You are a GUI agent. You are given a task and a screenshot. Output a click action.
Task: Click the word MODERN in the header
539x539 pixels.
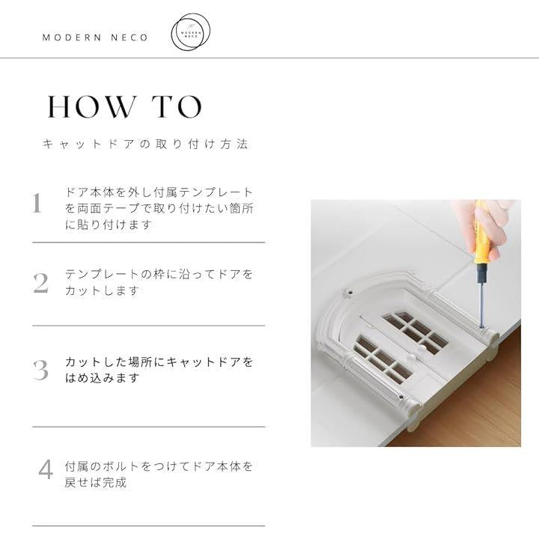pos(72,37)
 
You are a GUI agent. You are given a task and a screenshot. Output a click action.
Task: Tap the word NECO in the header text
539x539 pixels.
pos(130,37)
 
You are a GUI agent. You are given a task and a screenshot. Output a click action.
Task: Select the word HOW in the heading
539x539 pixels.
pos(91,106)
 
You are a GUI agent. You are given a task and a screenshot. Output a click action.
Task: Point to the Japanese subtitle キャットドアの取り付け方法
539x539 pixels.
pos(145,144)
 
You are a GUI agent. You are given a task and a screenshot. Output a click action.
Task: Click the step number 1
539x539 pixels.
pos(37,203)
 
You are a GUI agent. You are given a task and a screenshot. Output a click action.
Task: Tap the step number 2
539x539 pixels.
pos(41,283)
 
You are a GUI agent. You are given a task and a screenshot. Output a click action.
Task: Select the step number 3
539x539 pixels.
pos(40,370)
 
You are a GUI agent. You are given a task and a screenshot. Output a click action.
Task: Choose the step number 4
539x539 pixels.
pos(46,469)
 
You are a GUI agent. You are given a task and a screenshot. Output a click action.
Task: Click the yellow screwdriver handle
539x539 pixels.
pos(481,234)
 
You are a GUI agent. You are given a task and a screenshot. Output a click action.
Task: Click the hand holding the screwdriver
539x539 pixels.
pos(484,227)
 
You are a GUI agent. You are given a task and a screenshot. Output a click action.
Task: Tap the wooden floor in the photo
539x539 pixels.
pos(478,406)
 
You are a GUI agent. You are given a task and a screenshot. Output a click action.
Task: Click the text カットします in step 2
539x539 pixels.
pos(102,290)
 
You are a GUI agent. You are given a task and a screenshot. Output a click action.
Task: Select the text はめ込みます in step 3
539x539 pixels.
pos(102,378)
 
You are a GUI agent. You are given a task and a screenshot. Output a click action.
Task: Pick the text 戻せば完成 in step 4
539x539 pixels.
pos(96,483)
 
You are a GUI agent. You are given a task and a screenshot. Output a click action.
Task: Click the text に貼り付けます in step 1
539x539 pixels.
pos(109,225)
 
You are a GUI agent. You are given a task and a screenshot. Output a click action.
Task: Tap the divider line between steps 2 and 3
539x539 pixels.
pos(149,325)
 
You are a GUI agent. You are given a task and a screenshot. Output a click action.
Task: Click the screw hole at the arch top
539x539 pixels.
pos(350,293)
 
